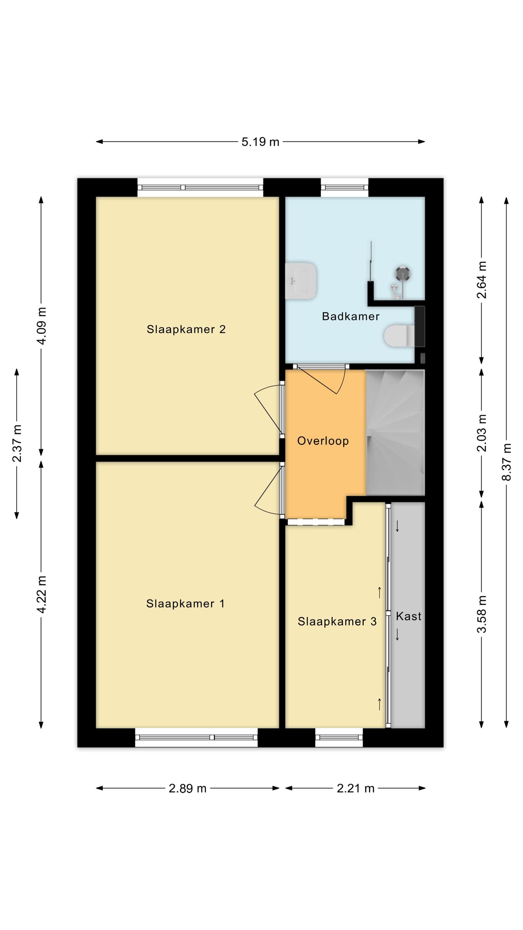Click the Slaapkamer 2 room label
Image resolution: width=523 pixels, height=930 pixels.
186,329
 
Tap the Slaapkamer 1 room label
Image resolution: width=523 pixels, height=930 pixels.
185,604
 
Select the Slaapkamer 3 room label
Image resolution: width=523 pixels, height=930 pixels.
337,621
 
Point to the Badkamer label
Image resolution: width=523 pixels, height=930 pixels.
350,316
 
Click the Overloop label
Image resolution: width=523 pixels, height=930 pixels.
323,441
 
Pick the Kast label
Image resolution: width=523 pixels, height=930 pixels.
409,616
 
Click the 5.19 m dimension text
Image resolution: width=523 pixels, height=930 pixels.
260,142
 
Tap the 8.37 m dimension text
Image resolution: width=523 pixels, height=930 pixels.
506,462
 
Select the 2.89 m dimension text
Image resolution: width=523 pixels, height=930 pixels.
187,788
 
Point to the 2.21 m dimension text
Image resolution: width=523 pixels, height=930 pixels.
355,788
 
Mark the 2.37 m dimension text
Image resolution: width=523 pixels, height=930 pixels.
17,443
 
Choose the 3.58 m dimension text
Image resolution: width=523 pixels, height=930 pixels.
481,614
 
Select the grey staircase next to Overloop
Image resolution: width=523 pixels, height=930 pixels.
395,432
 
